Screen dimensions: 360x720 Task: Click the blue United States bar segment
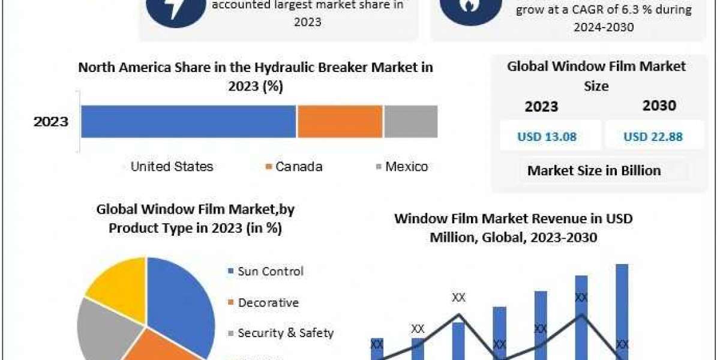click(x=188, y=121)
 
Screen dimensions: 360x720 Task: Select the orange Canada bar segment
click(x=340, y=121)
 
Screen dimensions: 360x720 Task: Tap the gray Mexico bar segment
click(x=410, y=121)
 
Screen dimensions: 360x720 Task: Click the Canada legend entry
click(x=294, y=167)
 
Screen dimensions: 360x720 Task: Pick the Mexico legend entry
click(x=401, y=167)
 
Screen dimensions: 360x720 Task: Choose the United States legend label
click(x=172, y=167)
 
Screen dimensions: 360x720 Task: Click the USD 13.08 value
click(x=547, y=136)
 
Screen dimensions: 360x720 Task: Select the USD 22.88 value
click(x=653, y=136)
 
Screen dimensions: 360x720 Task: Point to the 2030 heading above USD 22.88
click(x=659, y=106)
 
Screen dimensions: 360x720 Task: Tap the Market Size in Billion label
click(x=594, y=170)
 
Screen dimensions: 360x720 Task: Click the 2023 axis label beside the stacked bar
click(x=51, y=122)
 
